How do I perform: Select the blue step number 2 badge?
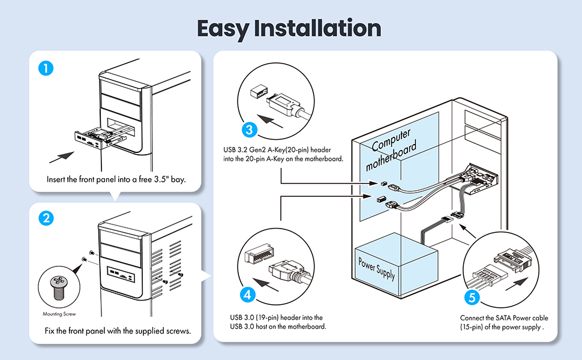45,218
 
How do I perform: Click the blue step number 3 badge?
249,130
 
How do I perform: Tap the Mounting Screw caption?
58,313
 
